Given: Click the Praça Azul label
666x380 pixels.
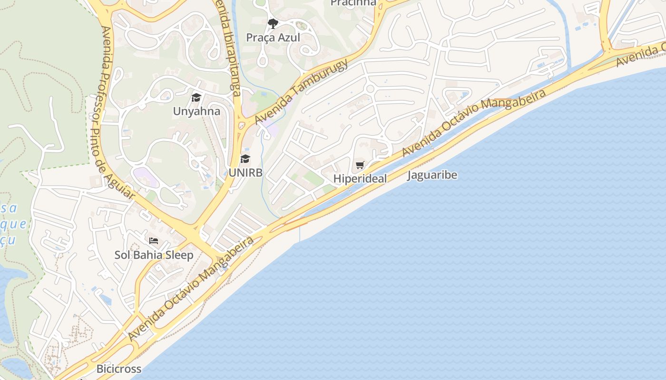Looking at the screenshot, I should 273,38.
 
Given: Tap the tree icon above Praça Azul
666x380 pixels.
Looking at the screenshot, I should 273,23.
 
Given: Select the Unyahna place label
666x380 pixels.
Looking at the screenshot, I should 196,112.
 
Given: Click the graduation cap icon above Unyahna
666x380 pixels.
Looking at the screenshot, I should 196,98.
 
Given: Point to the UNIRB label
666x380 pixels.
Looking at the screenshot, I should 245,172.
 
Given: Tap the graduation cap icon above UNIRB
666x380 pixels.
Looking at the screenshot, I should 245,159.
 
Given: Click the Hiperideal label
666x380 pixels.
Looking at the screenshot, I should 360,179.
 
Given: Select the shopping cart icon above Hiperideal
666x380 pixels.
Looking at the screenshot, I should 360,165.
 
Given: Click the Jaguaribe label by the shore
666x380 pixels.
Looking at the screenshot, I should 432,175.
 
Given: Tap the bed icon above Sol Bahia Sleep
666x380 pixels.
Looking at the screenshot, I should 154,241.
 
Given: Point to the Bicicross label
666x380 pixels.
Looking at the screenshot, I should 119,369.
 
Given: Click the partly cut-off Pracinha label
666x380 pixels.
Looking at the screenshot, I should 353,3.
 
